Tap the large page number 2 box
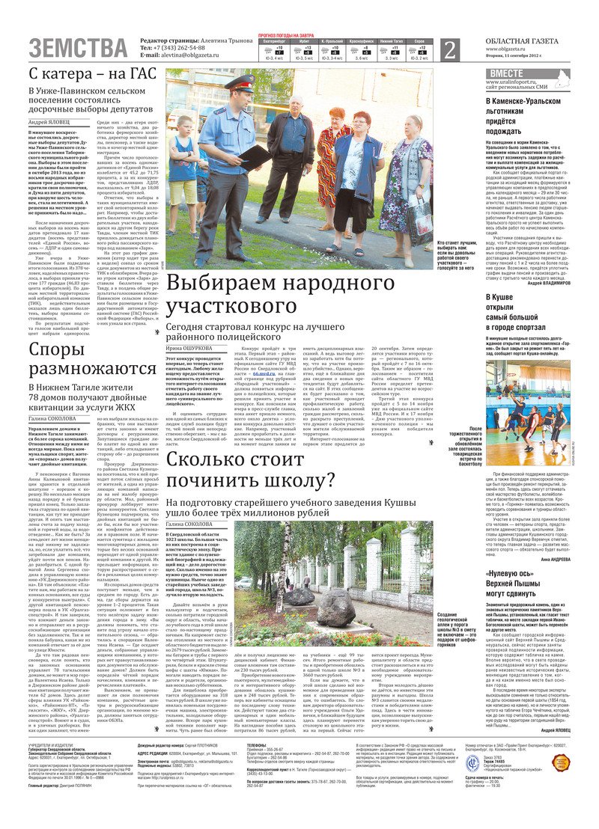point(449,50)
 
